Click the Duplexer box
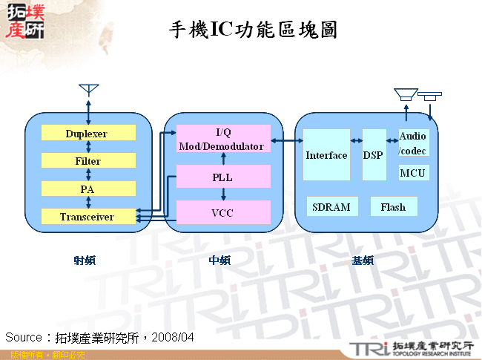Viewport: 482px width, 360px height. [88, 133]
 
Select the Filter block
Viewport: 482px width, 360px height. [88, 160]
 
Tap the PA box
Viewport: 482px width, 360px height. [88, 189]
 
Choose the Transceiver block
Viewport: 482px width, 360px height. [88, 216]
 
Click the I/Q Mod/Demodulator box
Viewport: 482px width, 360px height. [223, 140]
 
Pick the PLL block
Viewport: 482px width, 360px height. [223, 177]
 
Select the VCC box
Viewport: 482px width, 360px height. [223, 212]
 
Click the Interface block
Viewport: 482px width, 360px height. [326, 155]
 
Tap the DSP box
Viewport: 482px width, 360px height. [373, 155]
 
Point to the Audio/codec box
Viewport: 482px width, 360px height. [413, 143]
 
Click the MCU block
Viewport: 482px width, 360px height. [413, 173]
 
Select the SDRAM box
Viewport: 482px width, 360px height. [331, 206]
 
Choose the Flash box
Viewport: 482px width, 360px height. [393, 206]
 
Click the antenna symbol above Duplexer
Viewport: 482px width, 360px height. [88, 90]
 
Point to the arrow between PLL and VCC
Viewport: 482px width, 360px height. [223, 194]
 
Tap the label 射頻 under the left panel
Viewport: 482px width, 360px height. [85, 261]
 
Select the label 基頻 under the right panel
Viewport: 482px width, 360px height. [363, 261]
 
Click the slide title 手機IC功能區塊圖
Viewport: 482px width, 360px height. [254, 30]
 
